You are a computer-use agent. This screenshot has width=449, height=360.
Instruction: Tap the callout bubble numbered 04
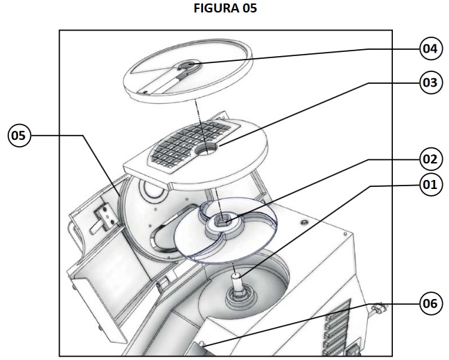[430, 48]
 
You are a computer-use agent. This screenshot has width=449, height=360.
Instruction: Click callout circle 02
[430, 159]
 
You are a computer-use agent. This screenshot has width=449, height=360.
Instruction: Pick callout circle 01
[430, 185]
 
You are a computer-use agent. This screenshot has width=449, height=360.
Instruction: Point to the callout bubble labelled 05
[19, 136]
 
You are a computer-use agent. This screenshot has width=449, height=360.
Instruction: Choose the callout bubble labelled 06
[430, 303]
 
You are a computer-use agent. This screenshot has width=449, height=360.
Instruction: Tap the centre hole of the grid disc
[206, 149]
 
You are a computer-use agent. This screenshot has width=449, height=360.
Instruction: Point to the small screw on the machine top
[303, 222]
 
